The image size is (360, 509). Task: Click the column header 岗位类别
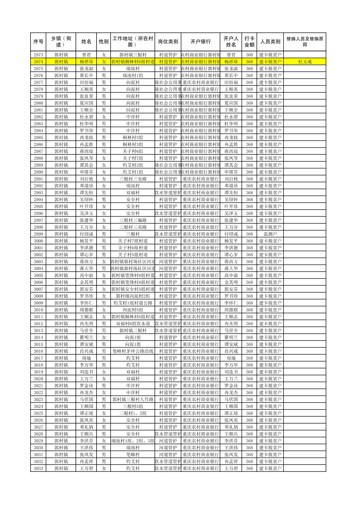[x=168, y=42]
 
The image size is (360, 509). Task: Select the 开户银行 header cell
[x=200, y=42]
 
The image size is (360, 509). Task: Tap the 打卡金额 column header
[x=249, y=42]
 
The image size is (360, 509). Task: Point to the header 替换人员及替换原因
[x=304, y=42]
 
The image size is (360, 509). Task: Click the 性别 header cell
[x=104, y=42]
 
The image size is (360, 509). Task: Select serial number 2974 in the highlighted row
[x=39, y=62]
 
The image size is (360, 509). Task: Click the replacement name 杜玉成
[x=304, y=62]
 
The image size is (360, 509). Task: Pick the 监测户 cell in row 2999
[x=270, y=234]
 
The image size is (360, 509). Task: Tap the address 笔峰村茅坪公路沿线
[x=133, y=351]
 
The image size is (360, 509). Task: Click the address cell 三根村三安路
[x=133, y=179]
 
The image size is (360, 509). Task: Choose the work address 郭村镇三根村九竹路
[x=133, y=399]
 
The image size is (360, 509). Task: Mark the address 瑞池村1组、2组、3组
[x=133, y=441]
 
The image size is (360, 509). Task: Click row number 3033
[x=39, y=468]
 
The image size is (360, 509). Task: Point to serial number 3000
[x=39, y=241]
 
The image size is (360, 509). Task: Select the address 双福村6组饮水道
[x=133, y=323]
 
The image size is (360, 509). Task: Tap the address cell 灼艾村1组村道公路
[x=133, y=303]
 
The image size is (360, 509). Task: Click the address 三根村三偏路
[x=133, y=220]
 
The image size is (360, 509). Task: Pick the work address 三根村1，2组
[x=133, y=413]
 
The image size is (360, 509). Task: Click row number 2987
[x=39, y=151]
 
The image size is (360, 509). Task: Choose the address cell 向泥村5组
[x=133, y=310]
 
